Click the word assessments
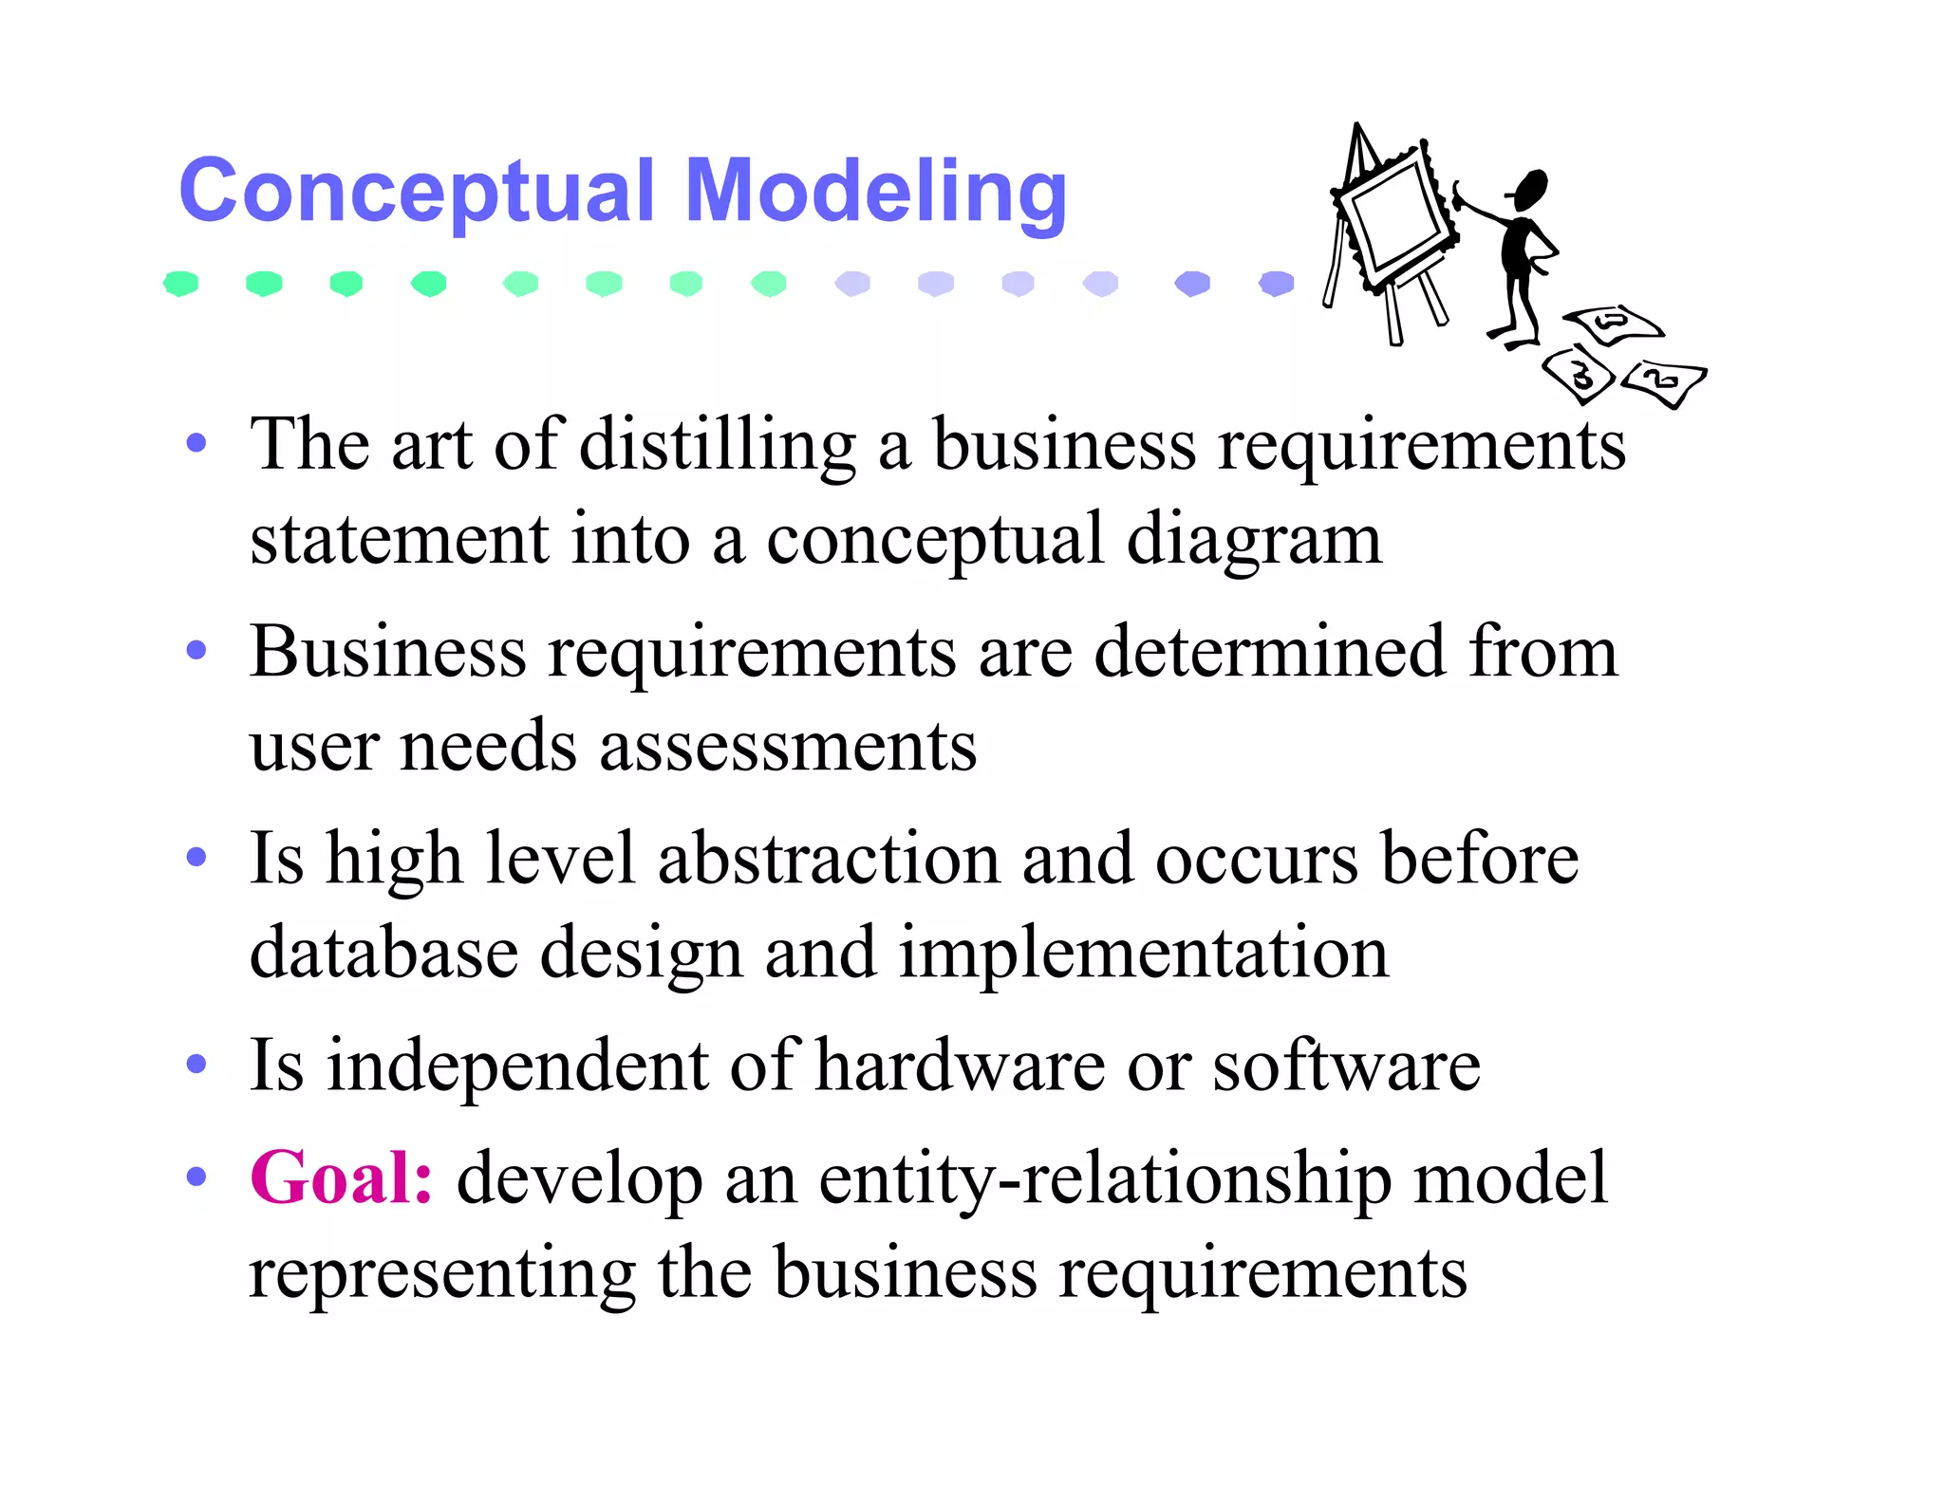787,746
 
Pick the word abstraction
829,858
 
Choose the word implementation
1143,953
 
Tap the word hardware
960,1065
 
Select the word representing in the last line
442,1272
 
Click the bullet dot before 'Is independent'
196,1065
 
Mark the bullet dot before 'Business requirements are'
196,651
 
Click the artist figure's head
1531,188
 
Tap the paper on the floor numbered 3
1580,376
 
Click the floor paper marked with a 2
1663,381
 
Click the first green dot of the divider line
180,283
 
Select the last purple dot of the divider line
1277,283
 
